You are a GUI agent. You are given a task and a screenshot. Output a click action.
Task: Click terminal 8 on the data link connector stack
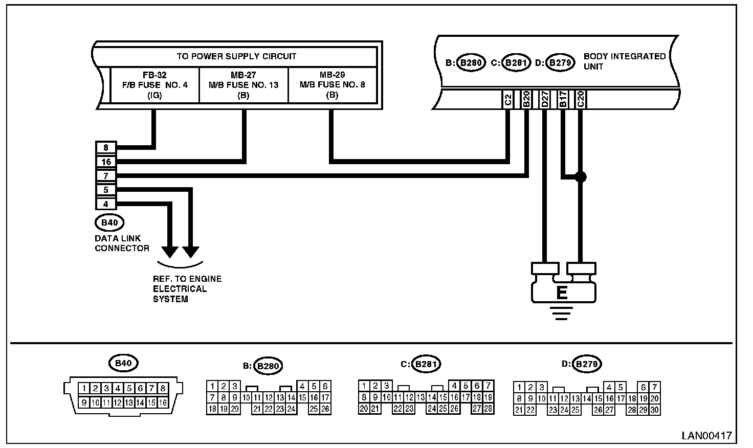[106, 148]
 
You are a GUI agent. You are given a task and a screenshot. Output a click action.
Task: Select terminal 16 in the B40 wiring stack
[106, 162]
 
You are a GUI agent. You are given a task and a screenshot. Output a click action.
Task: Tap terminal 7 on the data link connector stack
[106, 176]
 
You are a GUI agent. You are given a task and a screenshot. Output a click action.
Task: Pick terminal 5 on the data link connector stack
[106, 190]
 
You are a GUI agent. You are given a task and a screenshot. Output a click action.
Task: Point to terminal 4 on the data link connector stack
[106, 204]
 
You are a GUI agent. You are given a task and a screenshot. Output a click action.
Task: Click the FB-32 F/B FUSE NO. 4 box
[154, 85]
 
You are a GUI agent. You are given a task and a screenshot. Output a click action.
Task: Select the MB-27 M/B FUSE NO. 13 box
[243, 85]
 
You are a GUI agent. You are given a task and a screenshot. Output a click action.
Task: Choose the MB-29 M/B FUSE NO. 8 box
[333, 85]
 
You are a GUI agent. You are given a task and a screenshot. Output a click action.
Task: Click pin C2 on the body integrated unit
[508, 99]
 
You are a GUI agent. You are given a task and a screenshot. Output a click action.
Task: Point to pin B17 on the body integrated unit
[562, 99]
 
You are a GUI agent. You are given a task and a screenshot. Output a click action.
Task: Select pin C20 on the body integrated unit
[580, 99]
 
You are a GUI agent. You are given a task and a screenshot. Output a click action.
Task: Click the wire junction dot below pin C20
[580, 177]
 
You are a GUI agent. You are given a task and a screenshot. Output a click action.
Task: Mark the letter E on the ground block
[562, 293]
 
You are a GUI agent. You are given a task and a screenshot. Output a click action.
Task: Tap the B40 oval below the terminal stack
[109, 222]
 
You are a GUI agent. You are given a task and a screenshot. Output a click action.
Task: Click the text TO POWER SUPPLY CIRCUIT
[236, 56]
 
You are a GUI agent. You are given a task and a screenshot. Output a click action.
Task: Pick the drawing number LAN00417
[706, 436]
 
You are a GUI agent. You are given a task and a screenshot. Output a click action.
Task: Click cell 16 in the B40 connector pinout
[163, 402]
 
